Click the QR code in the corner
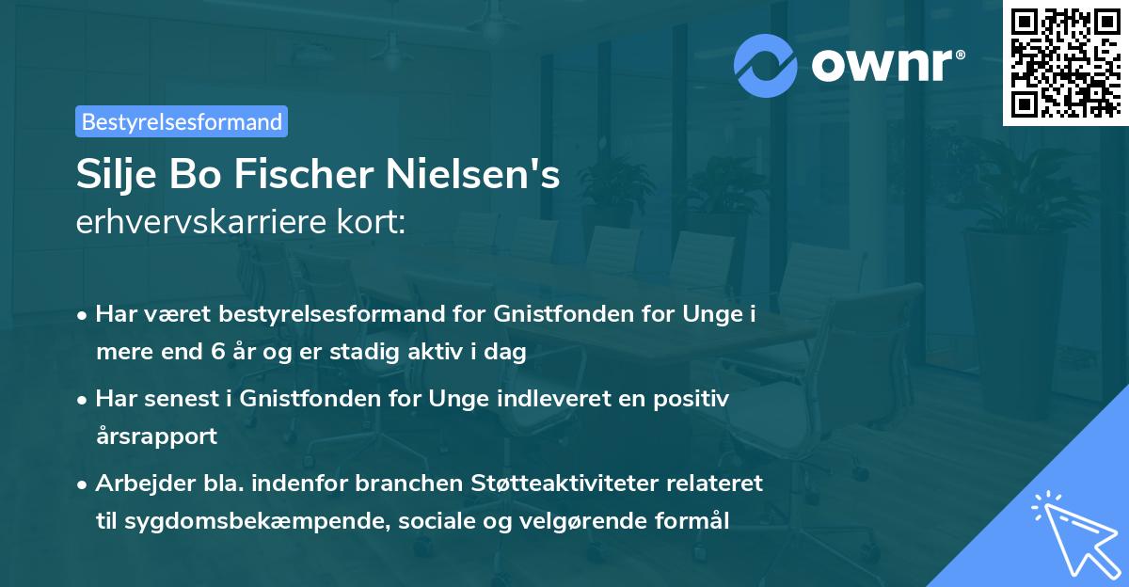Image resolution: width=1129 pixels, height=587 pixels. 1066,62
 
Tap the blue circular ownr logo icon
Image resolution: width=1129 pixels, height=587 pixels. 766,65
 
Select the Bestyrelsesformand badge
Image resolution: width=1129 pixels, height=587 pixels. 182,121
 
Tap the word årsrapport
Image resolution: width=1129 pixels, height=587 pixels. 156,436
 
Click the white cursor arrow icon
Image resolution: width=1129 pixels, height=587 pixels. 1073,532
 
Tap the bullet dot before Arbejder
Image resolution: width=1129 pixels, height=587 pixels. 84,484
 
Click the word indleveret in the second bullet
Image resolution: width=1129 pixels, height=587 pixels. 561,399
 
